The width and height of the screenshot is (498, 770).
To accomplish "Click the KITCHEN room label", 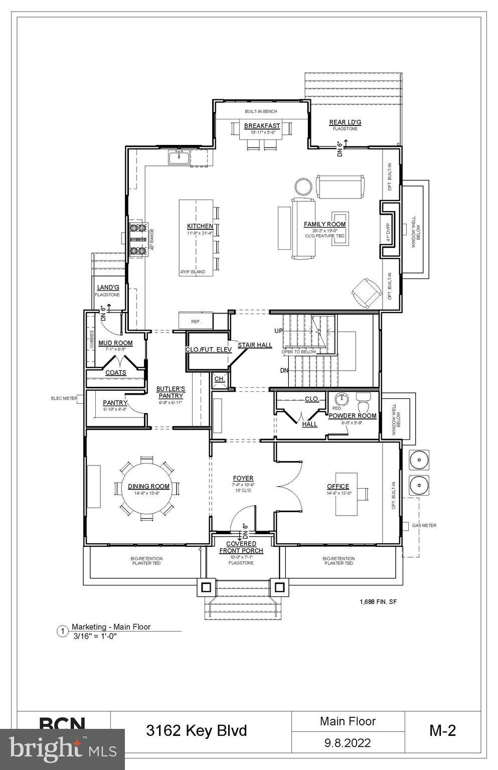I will click(200, 226).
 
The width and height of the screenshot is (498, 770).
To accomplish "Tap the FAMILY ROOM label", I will click(324, 224).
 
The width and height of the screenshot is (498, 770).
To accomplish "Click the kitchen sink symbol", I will click(178, 158).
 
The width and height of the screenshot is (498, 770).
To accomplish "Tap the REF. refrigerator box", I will click(196, 321).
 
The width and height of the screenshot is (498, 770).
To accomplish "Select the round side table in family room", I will click(303, 187).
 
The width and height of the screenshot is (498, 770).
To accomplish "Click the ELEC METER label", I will click(64, 398).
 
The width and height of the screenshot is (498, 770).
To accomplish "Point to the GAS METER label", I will click(424, 525).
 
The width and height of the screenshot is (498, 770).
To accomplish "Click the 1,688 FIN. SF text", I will click(378, 601).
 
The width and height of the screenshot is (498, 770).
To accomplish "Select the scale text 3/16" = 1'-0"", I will click(95, 636).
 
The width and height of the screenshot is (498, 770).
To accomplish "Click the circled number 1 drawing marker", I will click(63, 631).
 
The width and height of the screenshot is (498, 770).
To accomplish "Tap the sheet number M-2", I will click(442, 730).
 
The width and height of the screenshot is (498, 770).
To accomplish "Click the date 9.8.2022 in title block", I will click(348, 742).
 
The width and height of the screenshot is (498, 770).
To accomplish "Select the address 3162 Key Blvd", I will click(197, 730).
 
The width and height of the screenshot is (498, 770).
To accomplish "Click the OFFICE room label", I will click(338, 486).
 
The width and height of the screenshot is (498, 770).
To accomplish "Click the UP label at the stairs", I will click(278, 331).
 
